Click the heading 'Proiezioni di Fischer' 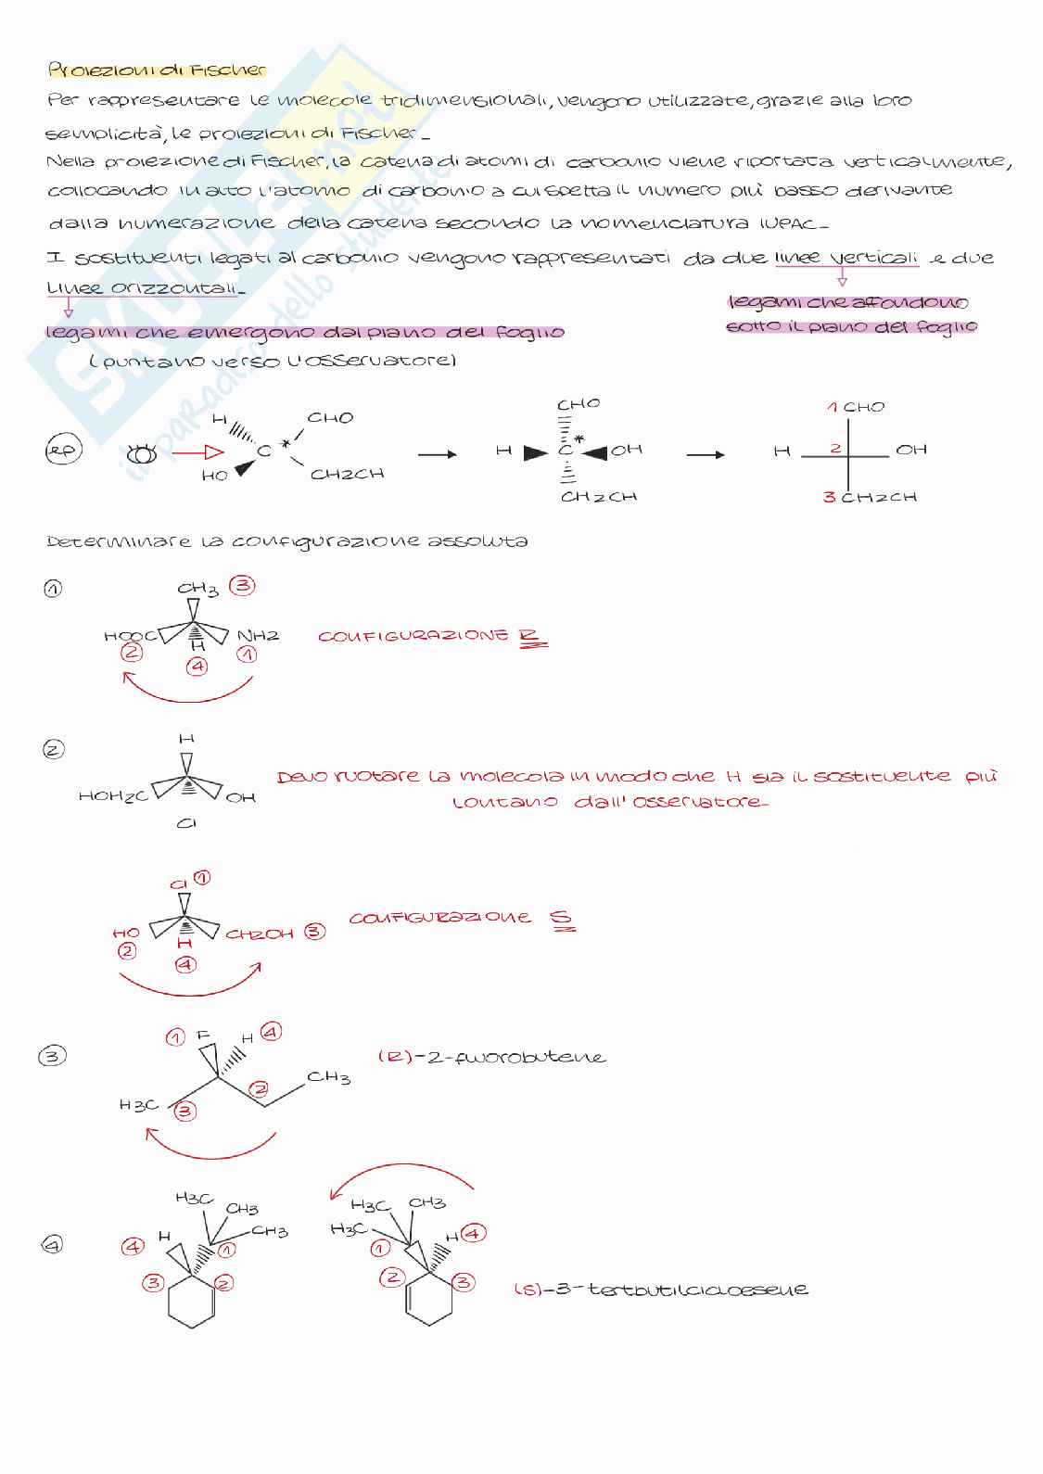click(x=157, y=70)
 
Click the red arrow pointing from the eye click(x=198, y=452)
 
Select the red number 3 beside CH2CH click(x=829, y=497)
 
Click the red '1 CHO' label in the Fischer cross click(x=856, y=407)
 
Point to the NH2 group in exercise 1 click(x=258, y=636)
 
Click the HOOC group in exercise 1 click(x=129, y=636)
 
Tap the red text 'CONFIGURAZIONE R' click(x=432, y=637)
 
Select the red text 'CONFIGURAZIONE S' click(x=461, y=918)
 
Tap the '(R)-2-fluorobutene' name click(x=491, y=1057)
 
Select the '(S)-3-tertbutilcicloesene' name click(x=660, y=1289)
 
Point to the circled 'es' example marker click(x=62, y=451)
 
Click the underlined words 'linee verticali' click(x=846, y=259)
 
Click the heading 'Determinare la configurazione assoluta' click(x=286, y=540)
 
